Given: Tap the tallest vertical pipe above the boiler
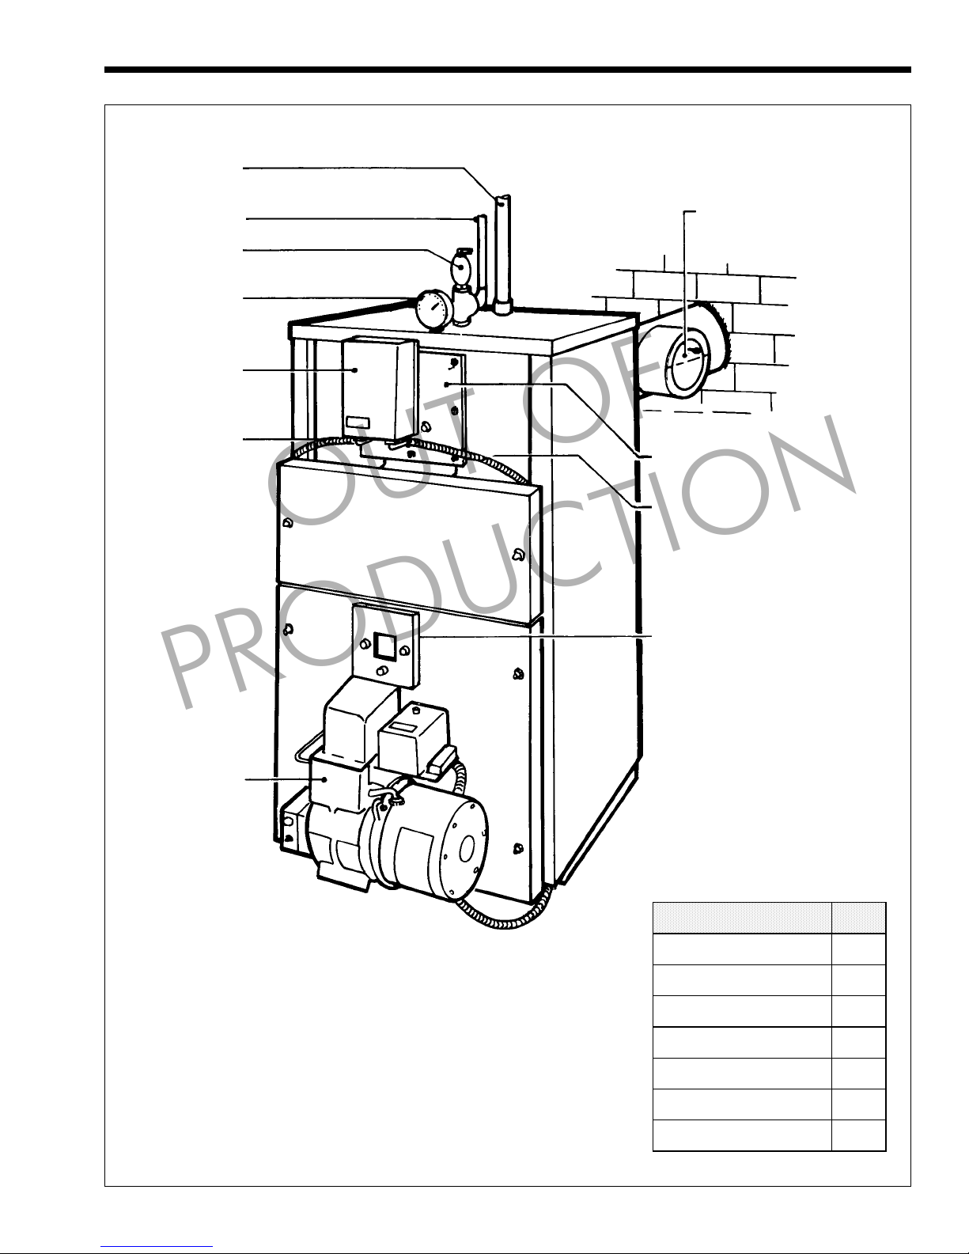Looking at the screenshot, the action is [502, 254].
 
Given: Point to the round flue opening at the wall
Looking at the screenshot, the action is [686, 363].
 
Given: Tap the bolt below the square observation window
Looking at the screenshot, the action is [382, 672].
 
